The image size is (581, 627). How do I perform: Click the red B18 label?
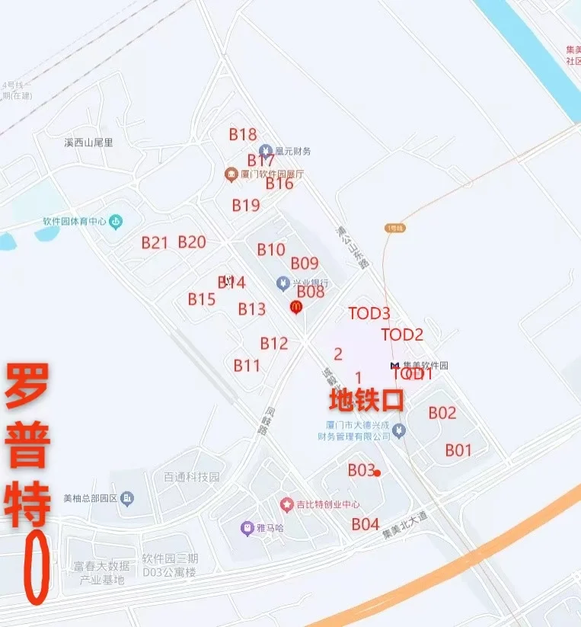point(243,134)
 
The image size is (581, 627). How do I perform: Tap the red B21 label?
point(155,242)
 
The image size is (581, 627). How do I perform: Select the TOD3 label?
point(369,313)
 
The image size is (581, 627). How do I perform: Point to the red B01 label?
point(458,450)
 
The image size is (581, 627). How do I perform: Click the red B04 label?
point(366,524)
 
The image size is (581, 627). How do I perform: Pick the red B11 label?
point(247,366)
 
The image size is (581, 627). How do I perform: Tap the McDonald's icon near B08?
point(296,306)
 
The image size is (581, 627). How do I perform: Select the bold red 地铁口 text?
point(366,399)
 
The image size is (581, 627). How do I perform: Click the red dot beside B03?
point(377,473)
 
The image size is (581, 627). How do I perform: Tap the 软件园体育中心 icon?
point(116,222)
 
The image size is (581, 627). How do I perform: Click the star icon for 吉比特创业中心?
point(286,504)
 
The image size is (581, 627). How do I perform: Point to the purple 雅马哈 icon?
point(247,527)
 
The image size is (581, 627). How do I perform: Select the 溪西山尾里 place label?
point(88,142)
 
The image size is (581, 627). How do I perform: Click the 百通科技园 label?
point(192,477)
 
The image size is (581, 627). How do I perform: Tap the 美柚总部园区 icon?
point(127,499)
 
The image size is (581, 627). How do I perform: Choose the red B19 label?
point(246,205)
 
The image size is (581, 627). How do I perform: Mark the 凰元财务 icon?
point(265,151)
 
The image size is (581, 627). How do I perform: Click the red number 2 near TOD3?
point(338,353)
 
